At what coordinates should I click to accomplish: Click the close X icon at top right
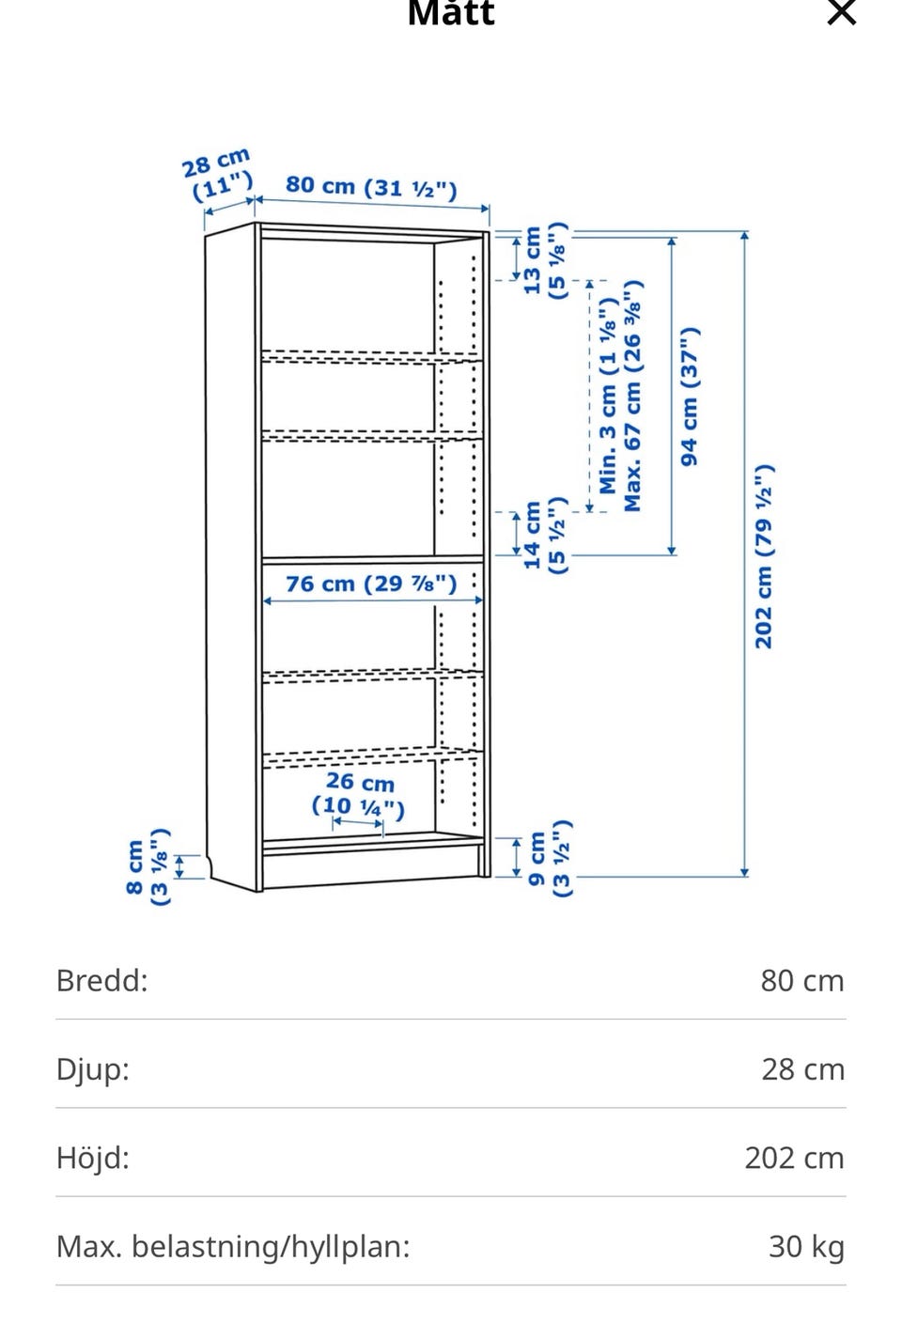[841, 12]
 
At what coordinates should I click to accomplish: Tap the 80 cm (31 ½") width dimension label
[371, 187]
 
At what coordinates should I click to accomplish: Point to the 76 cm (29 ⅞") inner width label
[371, 584]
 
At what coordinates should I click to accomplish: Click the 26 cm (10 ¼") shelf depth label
[359, 794]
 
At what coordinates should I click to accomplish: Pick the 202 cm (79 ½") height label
[764, 556]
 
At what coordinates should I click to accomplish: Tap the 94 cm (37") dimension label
[690, 396]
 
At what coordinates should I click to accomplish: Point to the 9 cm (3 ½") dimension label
[549, 858]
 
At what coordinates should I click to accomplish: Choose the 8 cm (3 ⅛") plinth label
[148, 866]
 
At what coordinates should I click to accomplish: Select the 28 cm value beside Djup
[802, 1069]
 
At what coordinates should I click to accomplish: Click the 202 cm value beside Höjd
[795, 1158]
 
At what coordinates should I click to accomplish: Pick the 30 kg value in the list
[806, 1247]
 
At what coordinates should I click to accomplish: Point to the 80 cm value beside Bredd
[802, 981]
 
